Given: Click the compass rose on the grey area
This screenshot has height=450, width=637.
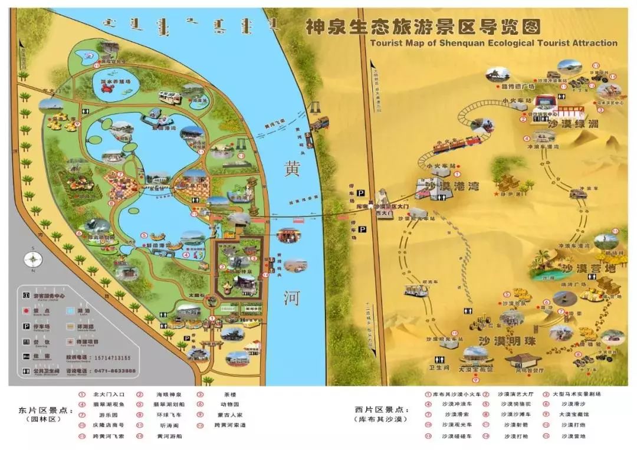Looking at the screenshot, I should click(x=33, y=260).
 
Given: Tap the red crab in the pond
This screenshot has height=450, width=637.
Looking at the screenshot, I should click(x=108, y=88).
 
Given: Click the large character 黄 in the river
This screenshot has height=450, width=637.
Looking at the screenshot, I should click(x=292, y=169).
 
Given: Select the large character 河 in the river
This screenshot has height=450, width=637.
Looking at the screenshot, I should click(x=291, y=298).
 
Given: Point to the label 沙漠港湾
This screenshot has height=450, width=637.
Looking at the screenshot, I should click(x=449, y=186).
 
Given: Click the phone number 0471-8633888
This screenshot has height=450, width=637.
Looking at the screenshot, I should click(x=116, y=371).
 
